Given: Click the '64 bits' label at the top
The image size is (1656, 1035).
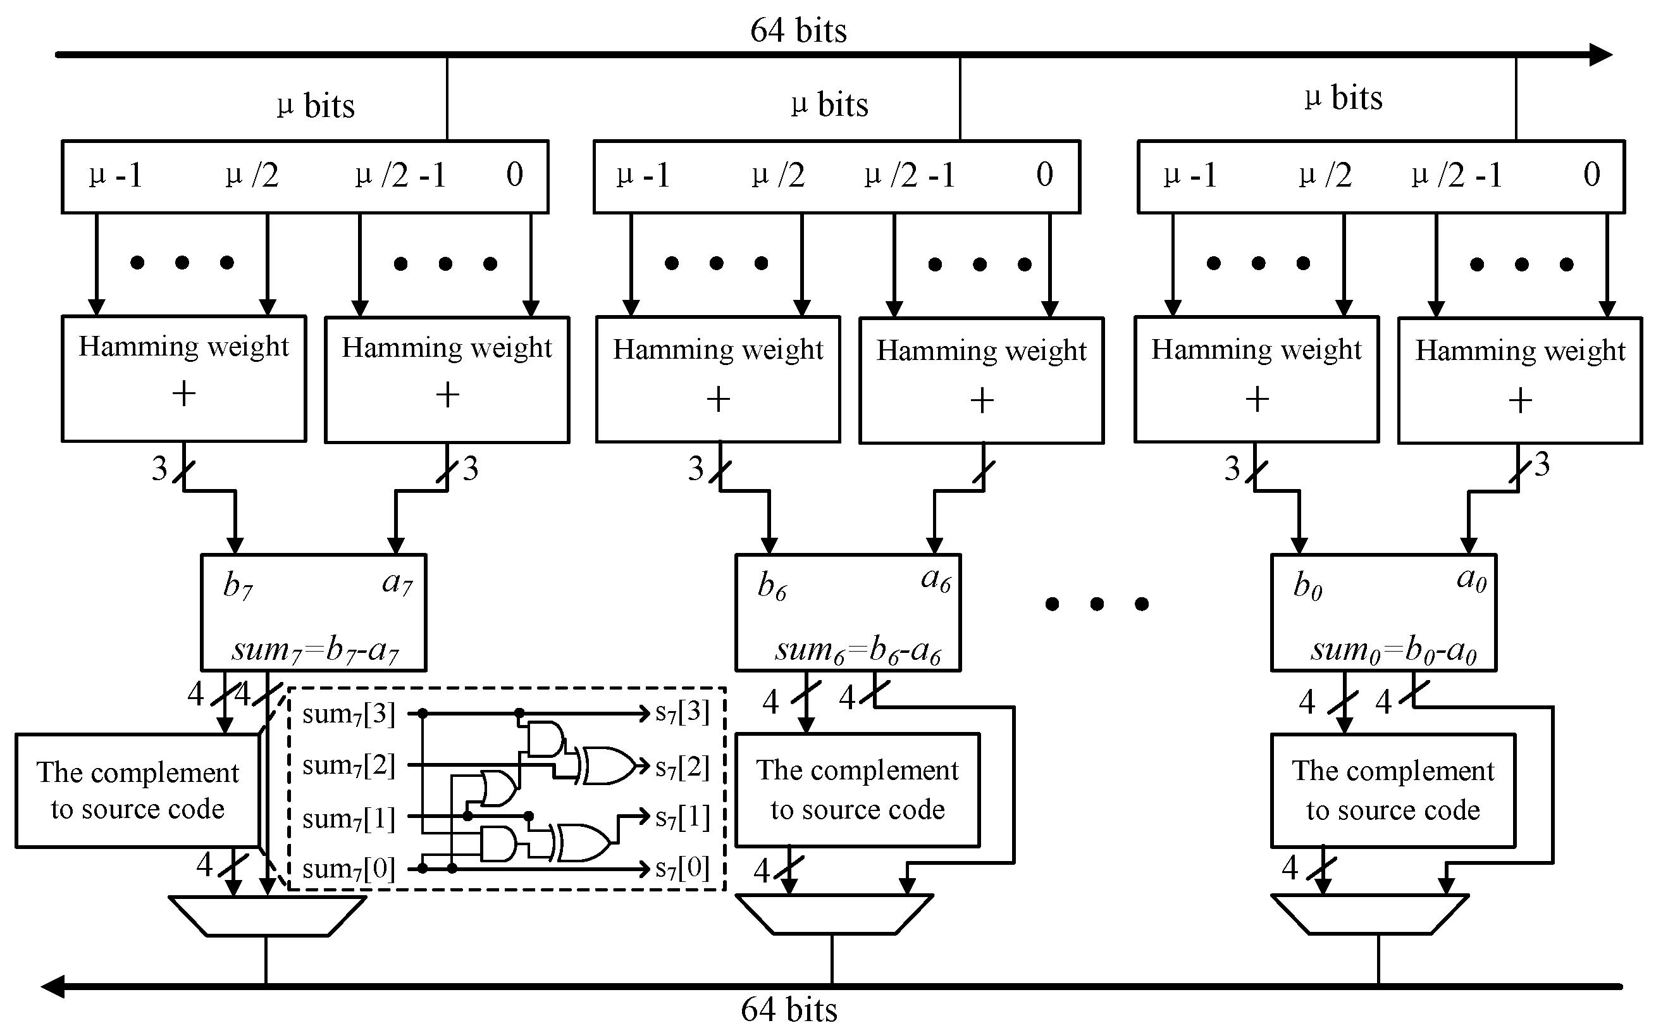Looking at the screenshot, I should point(798,30).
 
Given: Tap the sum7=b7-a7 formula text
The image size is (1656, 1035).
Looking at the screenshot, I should point(315,649).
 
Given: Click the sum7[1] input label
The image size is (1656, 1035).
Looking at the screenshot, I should point(349,818).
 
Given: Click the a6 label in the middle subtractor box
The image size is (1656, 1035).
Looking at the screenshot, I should point(936,579).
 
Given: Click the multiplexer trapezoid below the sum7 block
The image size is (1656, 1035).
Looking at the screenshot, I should point(267,916).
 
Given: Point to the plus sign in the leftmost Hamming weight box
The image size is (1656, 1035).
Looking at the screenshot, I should point(183,394).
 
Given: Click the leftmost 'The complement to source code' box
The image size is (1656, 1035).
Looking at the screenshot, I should point(137,791).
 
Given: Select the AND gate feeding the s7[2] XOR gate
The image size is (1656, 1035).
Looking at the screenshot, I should point(545,738).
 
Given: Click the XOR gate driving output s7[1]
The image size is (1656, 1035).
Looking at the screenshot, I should point(582,843).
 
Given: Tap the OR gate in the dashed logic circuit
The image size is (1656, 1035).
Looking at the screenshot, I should point(498,788).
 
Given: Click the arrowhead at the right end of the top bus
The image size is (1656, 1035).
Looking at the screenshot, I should point(1601,55).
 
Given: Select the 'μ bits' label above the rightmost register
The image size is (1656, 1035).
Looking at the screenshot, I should point(1343,97).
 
